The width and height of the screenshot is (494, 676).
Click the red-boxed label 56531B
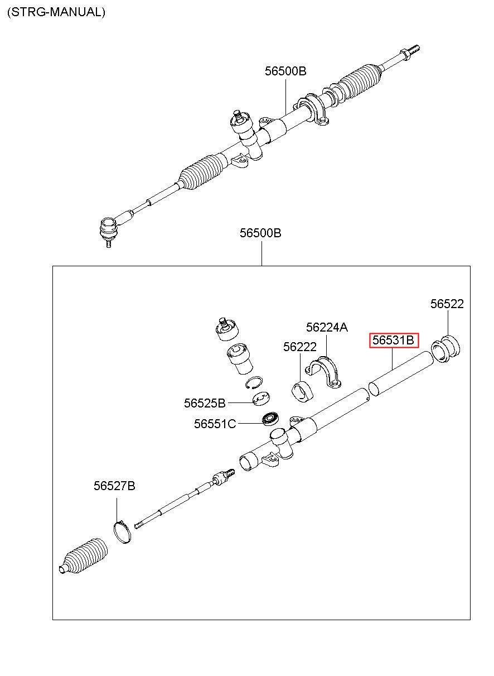pos(394,340)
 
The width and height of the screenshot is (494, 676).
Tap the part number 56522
pos(447,304)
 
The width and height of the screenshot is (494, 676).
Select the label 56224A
pos(326,327)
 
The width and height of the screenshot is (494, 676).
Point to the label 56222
pos(299,347)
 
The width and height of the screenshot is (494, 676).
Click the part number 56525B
pos(205,403)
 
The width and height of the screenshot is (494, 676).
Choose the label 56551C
pos(215,424)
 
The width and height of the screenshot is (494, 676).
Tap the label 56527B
pos(114,486)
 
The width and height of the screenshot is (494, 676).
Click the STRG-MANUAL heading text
pos(56,12)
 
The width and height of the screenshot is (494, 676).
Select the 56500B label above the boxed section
pos(260,233)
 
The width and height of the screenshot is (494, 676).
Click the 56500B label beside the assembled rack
pos(285,71)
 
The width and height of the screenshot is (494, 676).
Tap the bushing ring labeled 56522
pos(447,349)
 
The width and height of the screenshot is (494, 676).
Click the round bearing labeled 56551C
pos(271,418)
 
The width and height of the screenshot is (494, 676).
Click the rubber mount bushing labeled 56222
pos(302,390)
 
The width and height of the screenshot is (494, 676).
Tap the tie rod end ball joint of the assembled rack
pos(108,228)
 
